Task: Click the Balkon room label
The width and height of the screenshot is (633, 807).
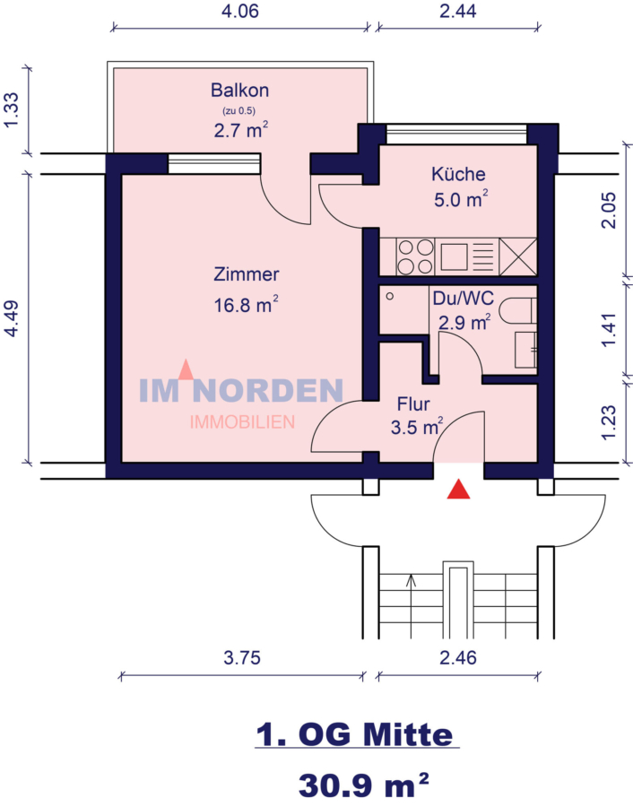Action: [x=239, y=91]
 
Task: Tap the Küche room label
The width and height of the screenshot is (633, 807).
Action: [x=458, y=175]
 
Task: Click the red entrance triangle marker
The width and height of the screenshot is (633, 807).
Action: [x=459, y=489]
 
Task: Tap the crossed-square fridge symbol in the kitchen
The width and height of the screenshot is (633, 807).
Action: [x=518, y=256]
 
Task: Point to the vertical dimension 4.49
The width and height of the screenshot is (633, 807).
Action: [x=12, y=318]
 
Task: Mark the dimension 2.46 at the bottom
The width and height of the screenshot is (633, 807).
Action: [x=458, y=657]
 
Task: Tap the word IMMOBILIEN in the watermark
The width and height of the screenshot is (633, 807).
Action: [x=242, y=421]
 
